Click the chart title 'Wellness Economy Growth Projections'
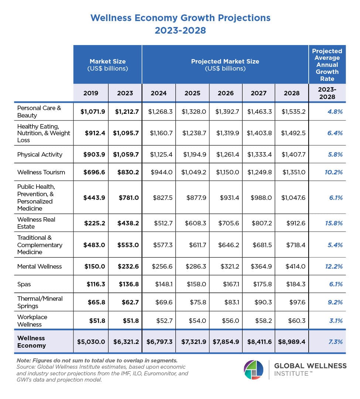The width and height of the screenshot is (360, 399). click(x=180, y=18)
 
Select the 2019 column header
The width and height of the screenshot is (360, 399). click(x=91, y=93)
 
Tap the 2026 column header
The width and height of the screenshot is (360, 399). click(x=226, y=93)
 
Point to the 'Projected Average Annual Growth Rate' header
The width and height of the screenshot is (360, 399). click(x=327, y=65)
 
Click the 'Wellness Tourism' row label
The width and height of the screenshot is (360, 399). click(x=41, y=172)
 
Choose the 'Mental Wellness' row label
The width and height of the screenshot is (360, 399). click(x=40, y=266)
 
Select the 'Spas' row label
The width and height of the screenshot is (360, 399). click(x=24, y=284)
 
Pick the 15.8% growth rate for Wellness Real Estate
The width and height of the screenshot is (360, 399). click(x=334, y=223)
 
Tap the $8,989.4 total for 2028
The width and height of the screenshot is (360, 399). click(x=291, y=342)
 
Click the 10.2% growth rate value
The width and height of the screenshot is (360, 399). click(x=334, y=172)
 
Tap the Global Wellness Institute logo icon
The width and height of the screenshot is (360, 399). click(x=253, y=370)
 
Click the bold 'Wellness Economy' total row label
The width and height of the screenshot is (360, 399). click(x=31, y=342)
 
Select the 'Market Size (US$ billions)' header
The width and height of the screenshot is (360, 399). click(x=107, y=65)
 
